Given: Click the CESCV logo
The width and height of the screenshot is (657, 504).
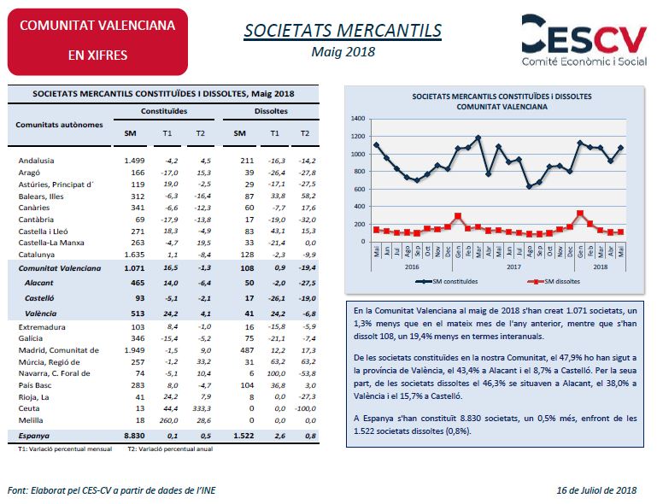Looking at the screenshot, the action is [x=584, y=40].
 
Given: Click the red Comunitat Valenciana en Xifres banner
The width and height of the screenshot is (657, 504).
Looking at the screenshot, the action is [x=97, y=42].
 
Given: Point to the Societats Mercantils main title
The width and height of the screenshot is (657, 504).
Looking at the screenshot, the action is [x=343, y=31].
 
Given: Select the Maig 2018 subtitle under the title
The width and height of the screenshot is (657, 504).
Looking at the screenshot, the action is [x=343, y=52].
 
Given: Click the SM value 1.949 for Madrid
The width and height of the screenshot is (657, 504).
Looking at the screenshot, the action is [x=134, y=350].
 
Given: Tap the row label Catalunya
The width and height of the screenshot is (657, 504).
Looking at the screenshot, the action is [x=37, y=255].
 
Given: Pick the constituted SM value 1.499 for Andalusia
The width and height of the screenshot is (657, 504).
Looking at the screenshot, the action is [x=134, y=161].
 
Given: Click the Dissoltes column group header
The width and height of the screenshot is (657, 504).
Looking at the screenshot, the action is [x=271, y=111].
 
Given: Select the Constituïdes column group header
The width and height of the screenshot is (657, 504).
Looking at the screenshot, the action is [x=164, y=111].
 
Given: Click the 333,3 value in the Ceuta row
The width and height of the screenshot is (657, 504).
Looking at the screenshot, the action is [x=202, y=408].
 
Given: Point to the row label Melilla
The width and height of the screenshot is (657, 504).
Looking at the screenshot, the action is [x=31, y=420].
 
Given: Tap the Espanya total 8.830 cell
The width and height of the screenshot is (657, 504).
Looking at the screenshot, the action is [x=134, y=436].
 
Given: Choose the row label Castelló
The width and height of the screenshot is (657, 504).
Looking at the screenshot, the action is [x=39, y=298].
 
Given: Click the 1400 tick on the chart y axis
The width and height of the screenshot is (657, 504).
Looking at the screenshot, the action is [x=358, y=119].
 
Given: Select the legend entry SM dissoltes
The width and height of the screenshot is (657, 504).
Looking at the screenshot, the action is [x=554, y=282].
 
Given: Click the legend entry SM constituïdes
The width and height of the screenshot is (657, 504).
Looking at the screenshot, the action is [x=447, y=282].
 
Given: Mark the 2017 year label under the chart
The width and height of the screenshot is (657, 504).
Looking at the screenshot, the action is [x=513, y=267].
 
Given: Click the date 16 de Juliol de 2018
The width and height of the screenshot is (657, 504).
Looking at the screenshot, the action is [x=596, y=490].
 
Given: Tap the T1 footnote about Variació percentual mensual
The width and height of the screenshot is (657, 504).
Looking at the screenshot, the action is [x=65, y=449].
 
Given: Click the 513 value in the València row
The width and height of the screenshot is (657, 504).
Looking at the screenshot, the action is [x=138, y=314].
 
